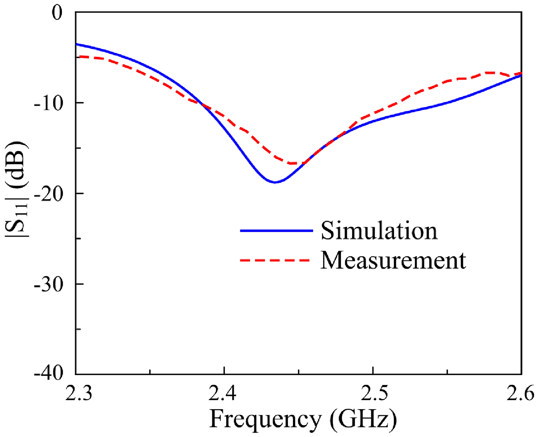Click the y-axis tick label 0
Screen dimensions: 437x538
click(57, 13)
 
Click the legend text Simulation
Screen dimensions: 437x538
click(379, 231)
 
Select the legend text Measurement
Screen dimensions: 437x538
click(393, 260)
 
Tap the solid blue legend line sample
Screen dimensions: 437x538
click(277, 231)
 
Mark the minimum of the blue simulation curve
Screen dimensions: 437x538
click(275, 182)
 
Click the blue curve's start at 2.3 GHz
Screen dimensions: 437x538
click(76, 44)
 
